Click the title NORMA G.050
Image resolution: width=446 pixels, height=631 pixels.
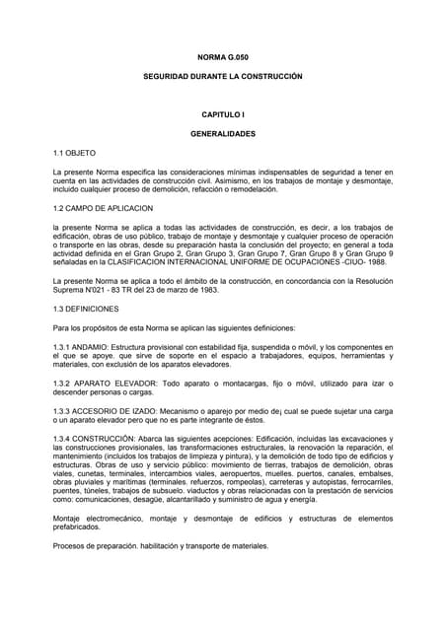[x=222, y=57]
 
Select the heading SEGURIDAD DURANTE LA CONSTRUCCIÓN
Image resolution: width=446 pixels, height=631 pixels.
[x=222, y=77]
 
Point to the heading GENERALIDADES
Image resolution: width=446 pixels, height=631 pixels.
[x=222, y=134]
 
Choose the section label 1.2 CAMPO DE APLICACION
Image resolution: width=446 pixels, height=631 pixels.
[x=103, y=209]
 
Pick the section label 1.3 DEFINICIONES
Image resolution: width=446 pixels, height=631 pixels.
[x=86, y=309]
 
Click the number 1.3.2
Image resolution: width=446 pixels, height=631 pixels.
[x=63, y=383]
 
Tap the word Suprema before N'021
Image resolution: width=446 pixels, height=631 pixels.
[x=69, y=290]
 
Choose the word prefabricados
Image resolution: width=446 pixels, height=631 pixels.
[x=78, y=527]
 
